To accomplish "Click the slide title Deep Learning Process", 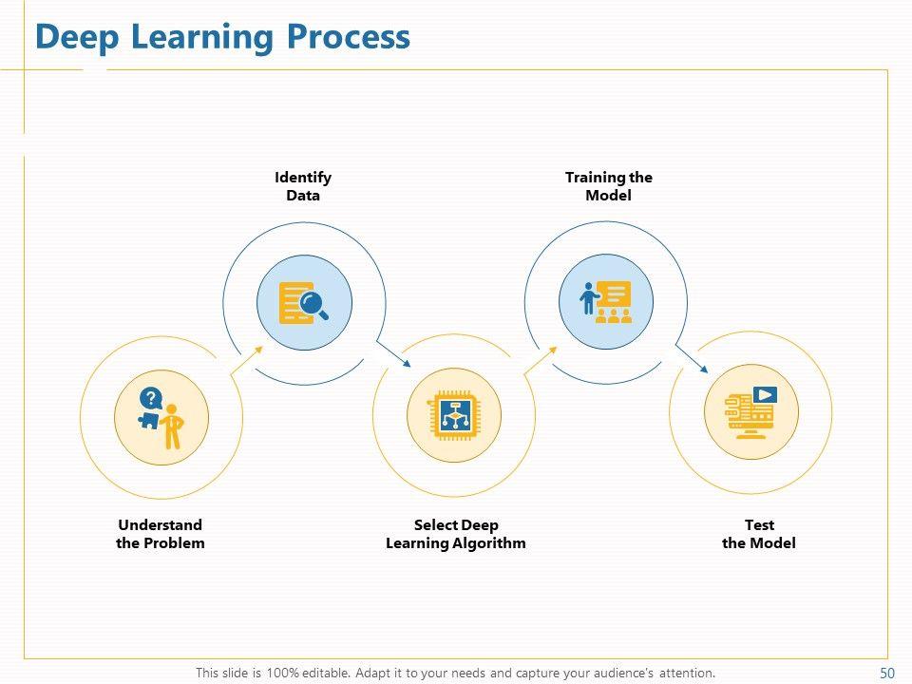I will (x=222, y=37).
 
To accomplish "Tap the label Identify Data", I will (x=303, y=186).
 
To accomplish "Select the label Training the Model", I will (x=609, y=186).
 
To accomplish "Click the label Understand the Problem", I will (x=161, y=534).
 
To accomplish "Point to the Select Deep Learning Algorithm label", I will (x=456, y=534).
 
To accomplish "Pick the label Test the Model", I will (x=759, y=534).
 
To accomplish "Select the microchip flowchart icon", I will (x=454, y=415).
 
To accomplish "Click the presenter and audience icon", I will (x=606, y=302).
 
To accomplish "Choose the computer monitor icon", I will (x=751, y=411).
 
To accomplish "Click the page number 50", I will (x=887, y=673).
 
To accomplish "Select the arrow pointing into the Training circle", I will (x=541, y=359).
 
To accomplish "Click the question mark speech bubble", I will (x=149, y=398).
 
